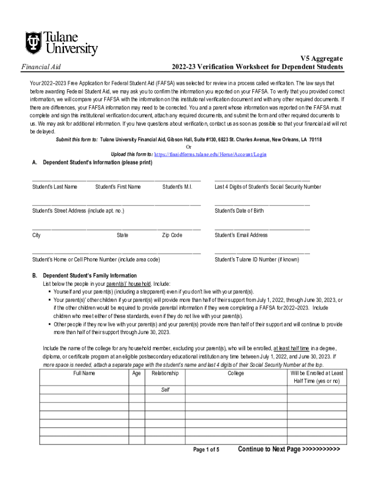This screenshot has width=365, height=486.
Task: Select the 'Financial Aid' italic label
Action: [x=41, y=67]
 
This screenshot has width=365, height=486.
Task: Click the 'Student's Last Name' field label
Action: [x=55, y=187]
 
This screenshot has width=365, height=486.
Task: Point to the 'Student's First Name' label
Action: [x=118, y=187]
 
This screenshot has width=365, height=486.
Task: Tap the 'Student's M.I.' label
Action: [x=177, y=187]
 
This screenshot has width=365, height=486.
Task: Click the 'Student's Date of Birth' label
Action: [x=239, y=211]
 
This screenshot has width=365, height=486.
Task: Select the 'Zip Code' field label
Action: [x=172, y=235]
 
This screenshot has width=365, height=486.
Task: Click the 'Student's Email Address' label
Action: [x=241, y=235]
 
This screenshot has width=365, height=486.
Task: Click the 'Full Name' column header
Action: [x=84, y=373]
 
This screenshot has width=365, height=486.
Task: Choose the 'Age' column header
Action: [x=137, y=373]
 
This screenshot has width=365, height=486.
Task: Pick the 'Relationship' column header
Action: [x=165, y=373]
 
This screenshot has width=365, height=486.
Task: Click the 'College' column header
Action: [x=236, y=373]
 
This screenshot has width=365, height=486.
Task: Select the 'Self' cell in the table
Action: [x=165, y=390]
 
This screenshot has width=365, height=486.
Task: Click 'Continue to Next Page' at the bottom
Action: [x=289, y=449]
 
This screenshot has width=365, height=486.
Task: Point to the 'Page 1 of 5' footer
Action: [x=206, y=449]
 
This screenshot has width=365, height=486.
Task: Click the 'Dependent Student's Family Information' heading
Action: [x=90, y=276]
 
